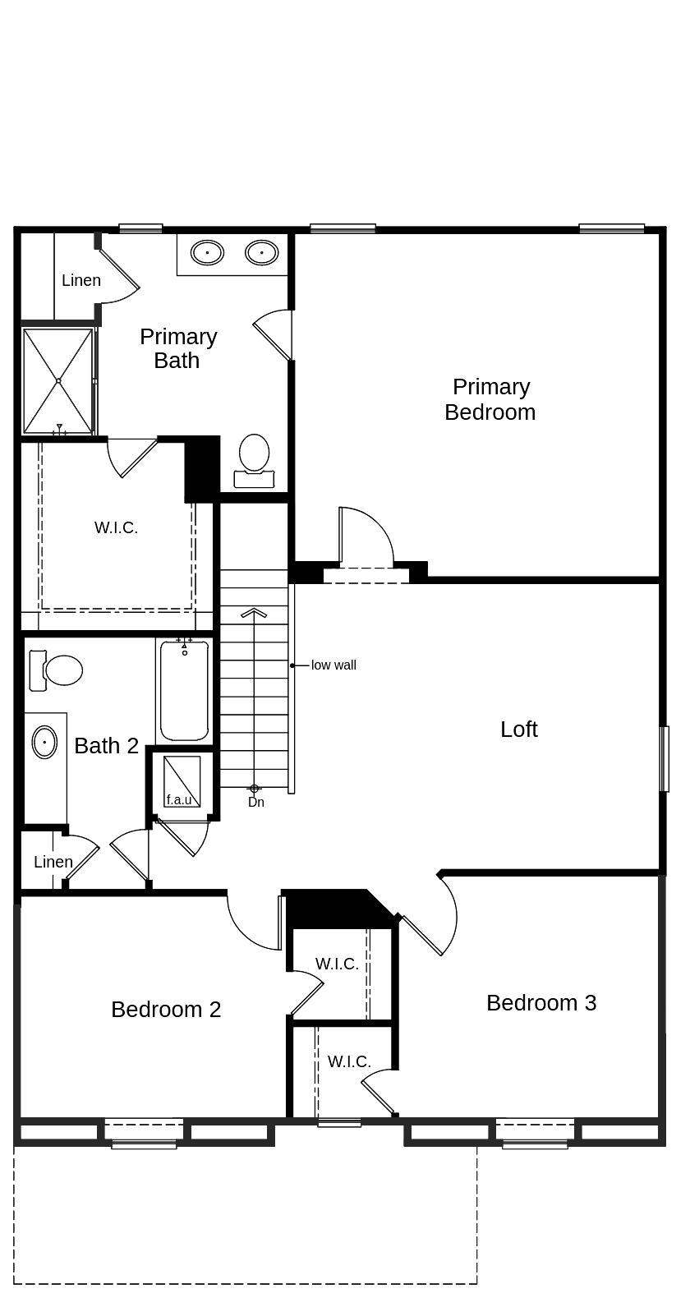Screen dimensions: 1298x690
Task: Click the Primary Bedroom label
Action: click(490, 399)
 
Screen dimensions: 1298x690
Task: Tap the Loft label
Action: click(518, 730)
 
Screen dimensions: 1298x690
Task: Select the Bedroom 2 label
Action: click(166, 1010)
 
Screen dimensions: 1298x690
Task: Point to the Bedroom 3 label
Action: click(541, 1003)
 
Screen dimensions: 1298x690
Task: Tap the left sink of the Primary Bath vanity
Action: click(207, 252)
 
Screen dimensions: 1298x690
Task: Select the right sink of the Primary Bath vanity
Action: click(261, 252)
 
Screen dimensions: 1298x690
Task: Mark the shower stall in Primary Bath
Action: click(57, 381)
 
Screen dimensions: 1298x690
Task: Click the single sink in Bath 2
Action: click(44, 743)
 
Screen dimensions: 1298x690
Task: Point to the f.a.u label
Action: click(179, 799)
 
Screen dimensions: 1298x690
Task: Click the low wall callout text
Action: click(333, 665)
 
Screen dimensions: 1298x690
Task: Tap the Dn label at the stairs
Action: click(256, 803)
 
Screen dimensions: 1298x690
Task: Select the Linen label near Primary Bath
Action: click(81, 281)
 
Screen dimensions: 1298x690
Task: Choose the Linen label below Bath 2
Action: click(53, 862)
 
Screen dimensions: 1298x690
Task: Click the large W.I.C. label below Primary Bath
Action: click(116, 528)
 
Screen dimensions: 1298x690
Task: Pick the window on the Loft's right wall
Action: click(665, 758)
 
